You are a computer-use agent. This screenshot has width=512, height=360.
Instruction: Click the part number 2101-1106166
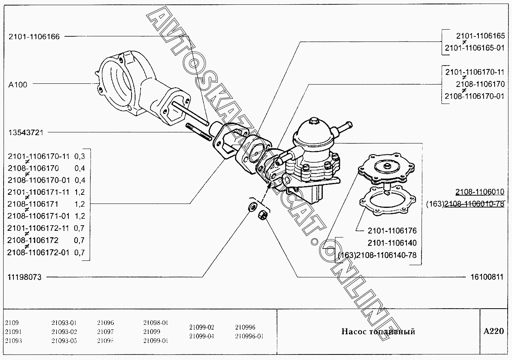coord(34,36)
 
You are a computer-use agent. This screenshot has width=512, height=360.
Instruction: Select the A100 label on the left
coord(17,85)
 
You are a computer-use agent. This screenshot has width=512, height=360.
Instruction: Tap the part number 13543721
coord(26,132)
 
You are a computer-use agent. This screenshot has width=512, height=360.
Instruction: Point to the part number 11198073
coord(24,277)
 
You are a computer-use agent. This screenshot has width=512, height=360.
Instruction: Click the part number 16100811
coord(487,277)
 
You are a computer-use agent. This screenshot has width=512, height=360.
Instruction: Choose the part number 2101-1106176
coord(392,231)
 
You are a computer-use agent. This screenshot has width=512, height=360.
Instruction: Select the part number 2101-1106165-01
coord(474,48)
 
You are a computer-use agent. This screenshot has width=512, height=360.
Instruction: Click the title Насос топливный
coord(378,332)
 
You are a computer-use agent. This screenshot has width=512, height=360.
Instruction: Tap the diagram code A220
coord(493,331)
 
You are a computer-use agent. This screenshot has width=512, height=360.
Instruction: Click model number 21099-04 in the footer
coord(201,336)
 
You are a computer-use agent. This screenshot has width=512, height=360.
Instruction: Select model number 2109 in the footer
coord(12,322)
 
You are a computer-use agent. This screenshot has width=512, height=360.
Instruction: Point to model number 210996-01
coord(249,336)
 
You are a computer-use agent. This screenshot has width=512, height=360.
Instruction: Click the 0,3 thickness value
coord(79,156)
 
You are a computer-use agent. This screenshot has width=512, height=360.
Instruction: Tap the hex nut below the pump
coord(261,215)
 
